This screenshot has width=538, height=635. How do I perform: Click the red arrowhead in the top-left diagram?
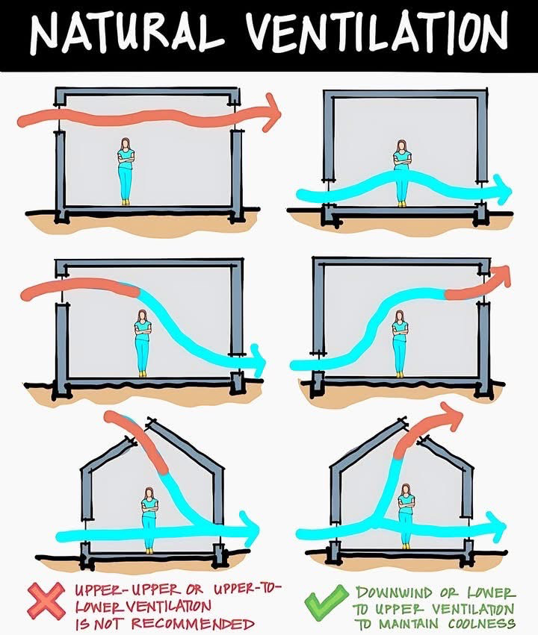coord(272,112)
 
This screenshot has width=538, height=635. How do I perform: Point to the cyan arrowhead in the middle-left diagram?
coord(258,360)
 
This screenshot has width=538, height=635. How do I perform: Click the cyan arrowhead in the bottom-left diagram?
coord(250,528)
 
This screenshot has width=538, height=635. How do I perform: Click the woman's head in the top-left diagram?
coord(126,144)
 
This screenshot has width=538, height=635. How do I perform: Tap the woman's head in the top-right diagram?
coord(401,146)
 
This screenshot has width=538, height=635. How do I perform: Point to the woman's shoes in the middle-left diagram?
coord(142,375)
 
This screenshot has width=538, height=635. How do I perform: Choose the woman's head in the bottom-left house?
coord(149,493)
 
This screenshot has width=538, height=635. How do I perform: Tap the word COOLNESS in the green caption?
coord(483,623)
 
